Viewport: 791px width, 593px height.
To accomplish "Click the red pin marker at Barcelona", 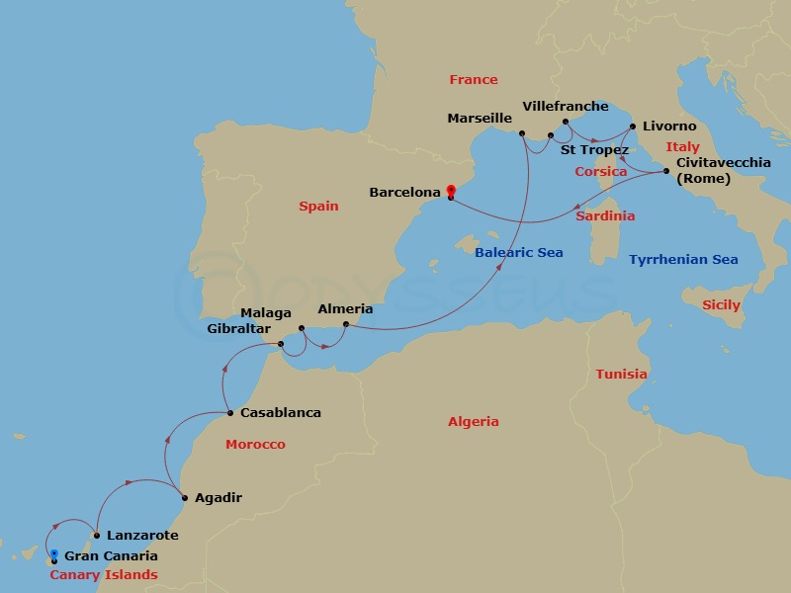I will click(451, 191).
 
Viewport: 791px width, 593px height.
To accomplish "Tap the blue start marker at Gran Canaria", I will click(54, 554).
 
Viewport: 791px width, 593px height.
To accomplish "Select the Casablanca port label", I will click(282, 413).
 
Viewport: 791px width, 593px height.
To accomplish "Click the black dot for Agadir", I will click(184, 497).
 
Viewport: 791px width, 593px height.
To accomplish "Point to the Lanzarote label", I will click(142, 536).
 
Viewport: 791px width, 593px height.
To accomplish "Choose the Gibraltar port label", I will click(238, 328).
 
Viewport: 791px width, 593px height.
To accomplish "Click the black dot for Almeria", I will click(345, 324).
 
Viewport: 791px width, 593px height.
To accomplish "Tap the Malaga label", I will click(266, 313).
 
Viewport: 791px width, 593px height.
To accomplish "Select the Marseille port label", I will click(480, 119).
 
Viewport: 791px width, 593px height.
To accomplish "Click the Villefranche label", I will click(565, 106).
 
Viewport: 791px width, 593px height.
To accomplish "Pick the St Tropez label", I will click(594, 150).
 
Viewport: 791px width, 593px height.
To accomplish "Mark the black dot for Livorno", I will click(632, 127).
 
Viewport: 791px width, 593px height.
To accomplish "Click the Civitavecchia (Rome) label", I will click(723, 171).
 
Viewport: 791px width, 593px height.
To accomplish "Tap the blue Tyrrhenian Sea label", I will click(683, 260).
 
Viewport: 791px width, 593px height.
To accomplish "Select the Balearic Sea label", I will click(518, 253).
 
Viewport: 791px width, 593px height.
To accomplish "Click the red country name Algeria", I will click(473, 422).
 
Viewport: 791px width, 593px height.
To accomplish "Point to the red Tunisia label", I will click(621, 375).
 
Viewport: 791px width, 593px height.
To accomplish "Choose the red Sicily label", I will click(721, 305).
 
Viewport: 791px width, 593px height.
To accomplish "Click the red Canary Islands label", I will click(104, 575).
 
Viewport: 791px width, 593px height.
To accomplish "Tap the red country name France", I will click(473, 80).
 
